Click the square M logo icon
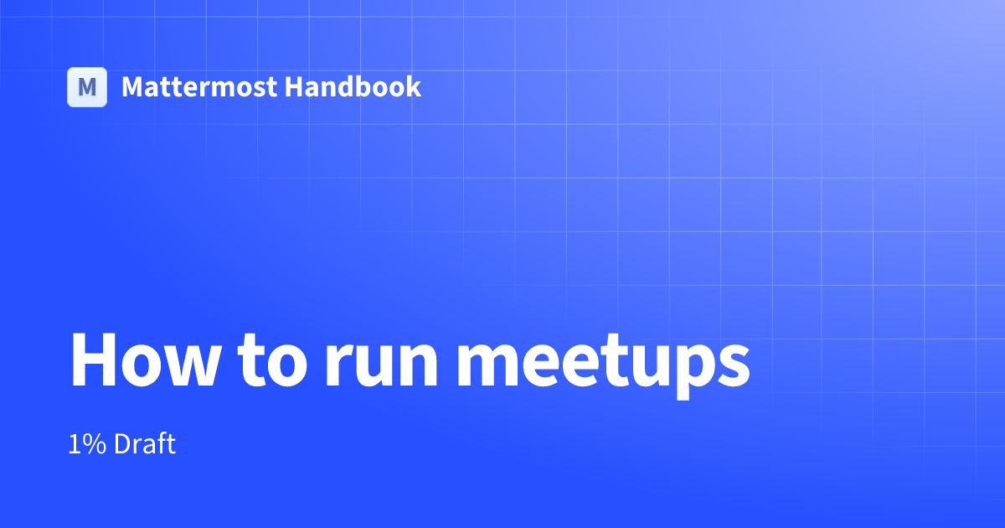tap(87, 87)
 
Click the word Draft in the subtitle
tap(145, 444)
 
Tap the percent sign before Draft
tap(95, 444)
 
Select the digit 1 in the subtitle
tap(75, 444)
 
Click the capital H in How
tap(93, 360)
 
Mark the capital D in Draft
tap(121, 444)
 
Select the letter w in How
tap(183, 365)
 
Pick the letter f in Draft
tap(162, 443)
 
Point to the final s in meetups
tap(733, 365)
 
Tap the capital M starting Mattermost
tap(132, 87)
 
